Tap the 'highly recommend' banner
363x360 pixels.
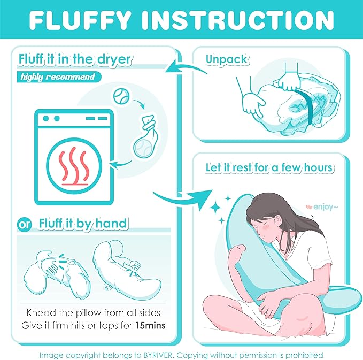pyautogui.click(x=57, y=77)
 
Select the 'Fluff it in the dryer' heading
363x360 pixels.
pyautogui.click(x=74, y=59)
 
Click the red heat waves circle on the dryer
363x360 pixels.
pyautogui.click(x=74, y=163)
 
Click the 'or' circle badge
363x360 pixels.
pyautogui.click(x=24, y=224)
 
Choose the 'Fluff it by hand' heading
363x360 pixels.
pyautogui.click(x=82, y=223)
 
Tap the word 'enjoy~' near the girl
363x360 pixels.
pyautogui.click(x=318, y=205)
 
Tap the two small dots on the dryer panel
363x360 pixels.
pyautogui.click(x=50, y=118)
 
